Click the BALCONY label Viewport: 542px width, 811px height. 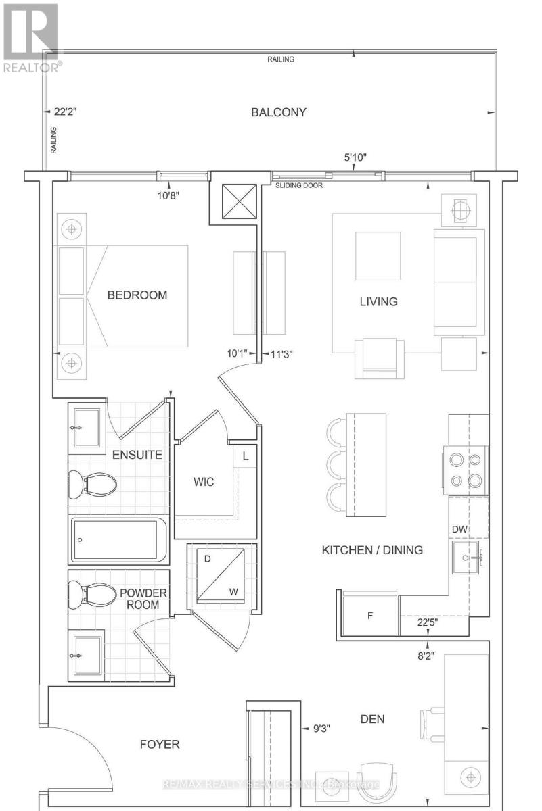[x=279, y=112]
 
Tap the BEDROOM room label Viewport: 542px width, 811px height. [x=137, y=295]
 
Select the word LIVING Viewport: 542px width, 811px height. [x=378, y=301]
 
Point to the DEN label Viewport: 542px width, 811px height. [x=372, y=719]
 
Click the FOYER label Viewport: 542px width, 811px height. [x=160, y=745]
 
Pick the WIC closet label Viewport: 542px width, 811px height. [x=204, y=482]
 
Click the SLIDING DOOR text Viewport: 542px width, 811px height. [x=298, y=185]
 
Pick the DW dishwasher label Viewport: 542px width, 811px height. [x=461, y=529]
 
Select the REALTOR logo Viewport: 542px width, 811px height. [x=30, y=37]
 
